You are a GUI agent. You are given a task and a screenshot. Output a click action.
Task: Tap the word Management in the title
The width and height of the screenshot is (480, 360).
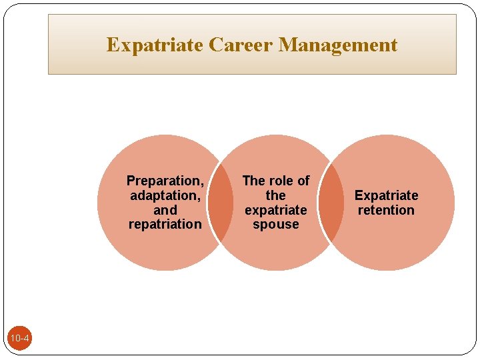point(338,45)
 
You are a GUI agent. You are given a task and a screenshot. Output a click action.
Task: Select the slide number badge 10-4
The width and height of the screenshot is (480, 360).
point(19,339)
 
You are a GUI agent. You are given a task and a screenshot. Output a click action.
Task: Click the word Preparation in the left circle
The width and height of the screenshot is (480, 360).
point(165,181)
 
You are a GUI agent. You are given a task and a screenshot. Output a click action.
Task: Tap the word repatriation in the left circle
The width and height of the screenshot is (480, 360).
point(165,224)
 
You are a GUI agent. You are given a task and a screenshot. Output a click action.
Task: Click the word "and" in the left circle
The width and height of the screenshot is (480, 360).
point(165,210)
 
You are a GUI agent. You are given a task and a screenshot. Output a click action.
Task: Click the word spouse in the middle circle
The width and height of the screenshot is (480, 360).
point(275,225)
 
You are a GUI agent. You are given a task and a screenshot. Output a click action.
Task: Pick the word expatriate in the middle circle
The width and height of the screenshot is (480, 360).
point(275,210)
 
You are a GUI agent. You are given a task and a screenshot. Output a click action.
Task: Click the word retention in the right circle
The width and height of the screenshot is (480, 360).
point(386,210)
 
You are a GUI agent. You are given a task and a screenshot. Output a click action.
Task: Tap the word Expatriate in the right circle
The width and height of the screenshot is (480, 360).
point(386,195)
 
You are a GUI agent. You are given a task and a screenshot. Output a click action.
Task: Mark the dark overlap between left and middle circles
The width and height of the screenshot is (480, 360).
point(221,203)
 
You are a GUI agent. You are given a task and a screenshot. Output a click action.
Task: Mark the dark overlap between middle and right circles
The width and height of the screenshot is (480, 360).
point(331,203)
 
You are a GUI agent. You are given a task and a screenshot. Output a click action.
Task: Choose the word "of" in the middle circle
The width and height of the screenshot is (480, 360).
point(303,181)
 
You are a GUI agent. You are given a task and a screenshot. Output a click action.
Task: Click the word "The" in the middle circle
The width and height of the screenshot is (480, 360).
point(254,181)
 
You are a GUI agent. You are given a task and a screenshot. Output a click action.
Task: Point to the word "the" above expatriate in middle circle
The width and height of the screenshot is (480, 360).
point(275,195)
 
